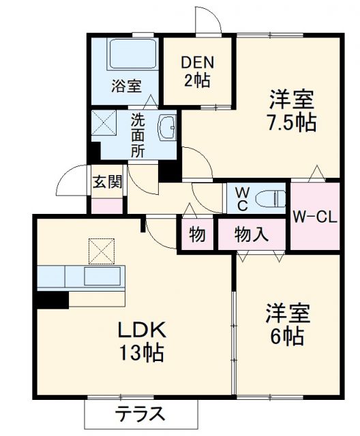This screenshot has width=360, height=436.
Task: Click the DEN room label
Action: tap(197, 62)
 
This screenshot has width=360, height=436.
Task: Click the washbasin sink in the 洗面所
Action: tap(167, 127)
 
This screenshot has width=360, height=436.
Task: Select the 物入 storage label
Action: tap(251, 235)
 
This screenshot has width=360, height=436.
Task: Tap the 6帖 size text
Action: tap(287, 336)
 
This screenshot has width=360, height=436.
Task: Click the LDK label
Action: tap(142, 330)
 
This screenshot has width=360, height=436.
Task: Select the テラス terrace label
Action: tap(140, 414)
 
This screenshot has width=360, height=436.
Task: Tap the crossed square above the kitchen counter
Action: tap(102, 250)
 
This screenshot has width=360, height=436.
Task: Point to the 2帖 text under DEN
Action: tap(197, 79)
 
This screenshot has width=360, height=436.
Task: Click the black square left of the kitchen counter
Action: tap(52, 300)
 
